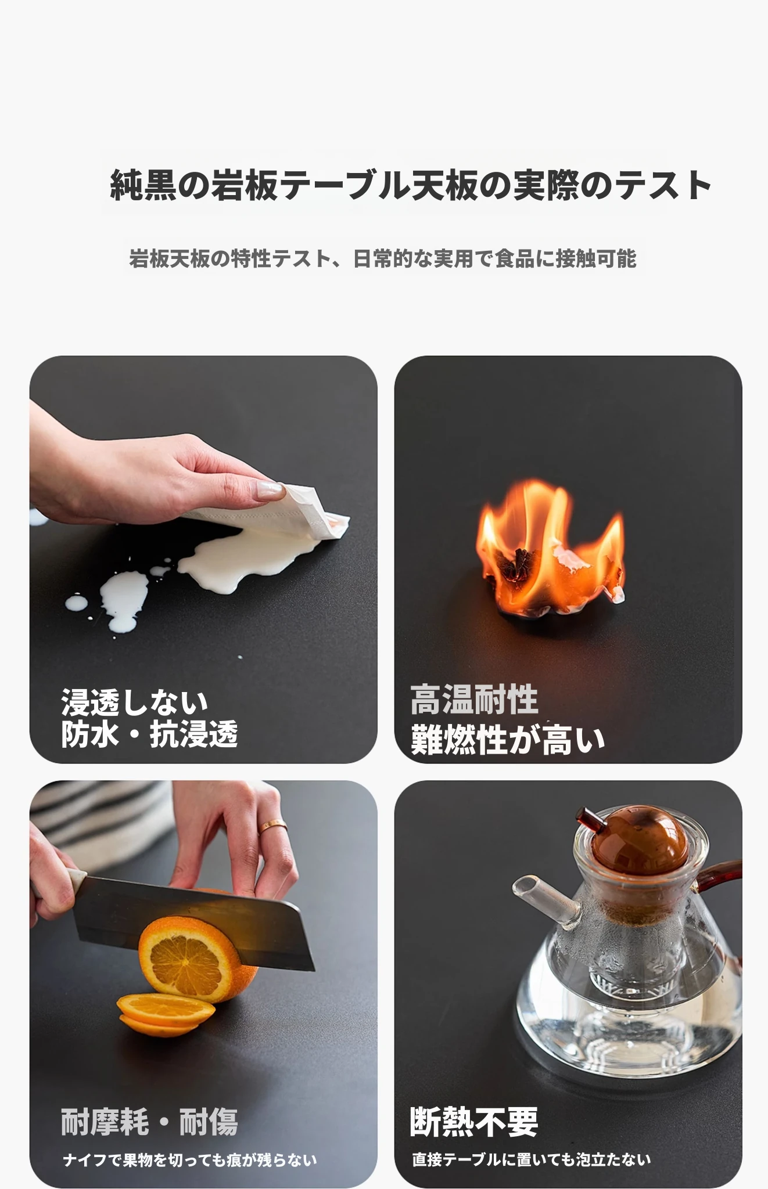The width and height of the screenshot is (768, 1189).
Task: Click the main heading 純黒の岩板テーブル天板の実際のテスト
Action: click(x=411, y=185)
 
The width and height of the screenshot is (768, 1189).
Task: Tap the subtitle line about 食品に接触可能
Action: click(x=383, y=259)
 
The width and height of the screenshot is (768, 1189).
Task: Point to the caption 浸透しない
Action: click(x=134, y=702)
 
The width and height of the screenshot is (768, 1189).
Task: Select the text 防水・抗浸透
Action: click(x=149, y=734)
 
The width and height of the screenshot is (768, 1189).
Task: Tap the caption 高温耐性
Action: click(x=474, y=700)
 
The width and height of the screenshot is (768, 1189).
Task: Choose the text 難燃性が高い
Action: click(x=508, y=739)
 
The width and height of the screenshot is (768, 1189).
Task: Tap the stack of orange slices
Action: click(x=165, y=1014)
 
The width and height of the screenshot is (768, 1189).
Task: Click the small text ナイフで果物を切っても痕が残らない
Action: click(x=190, y=1159)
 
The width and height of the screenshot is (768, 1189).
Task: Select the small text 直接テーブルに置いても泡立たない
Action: click(x=532, y=1159)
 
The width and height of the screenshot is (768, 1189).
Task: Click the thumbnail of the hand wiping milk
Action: click(x=203, y=559)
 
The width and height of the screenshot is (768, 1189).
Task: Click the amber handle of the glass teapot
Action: click(x=719, y=880)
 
